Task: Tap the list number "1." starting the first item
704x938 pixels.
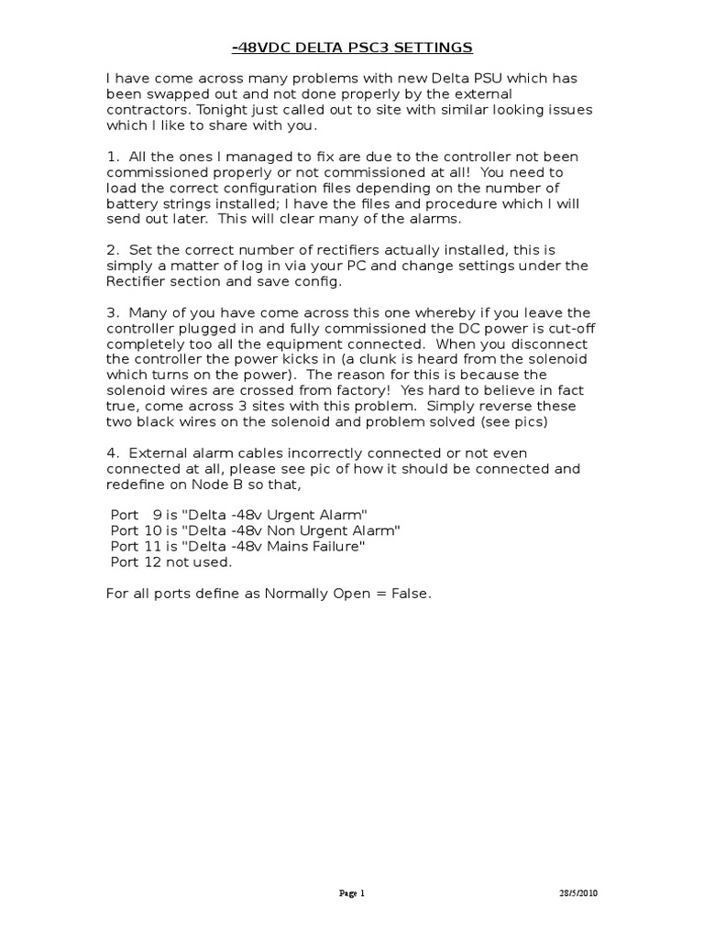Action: point(114,157)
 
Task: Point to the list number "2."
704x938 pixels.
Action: point(114,250)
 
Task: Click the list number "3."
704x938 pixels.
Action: point(114,312)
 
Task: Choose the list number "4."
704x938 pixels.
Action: point(114,453)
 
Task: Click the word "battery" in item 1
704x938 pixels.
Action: point(131,203)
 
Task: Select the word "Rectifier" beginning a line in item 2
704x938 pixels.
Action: point(139,281)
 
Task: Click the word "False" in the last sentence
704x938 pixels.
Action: point(409,593)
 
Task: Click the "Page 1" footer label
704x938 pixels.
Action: point(352,893)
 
